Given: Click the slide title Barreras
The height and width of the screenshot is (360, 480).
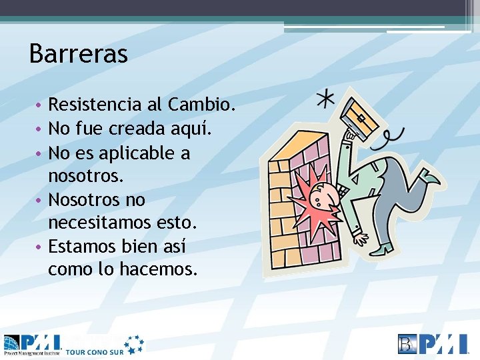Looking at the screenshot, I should pos(78,54).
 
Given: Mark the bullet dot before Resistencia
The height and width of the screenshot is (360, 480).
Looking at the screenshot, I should pos(40,105).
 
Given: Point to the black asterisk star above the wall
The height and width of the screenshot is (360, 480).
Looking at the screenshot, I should pos(325,99).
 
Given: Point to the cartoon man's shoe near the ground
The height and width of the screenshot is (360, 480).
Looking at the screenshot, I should pos(383,249).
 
